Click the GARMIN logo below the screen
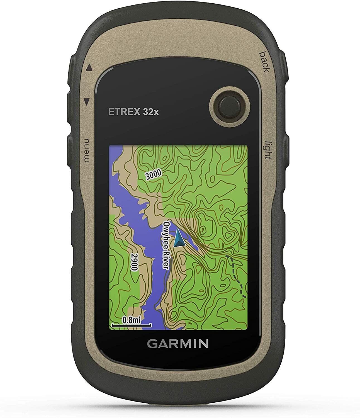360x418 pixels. click(177, 344)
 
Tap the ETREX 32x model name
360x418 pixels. click(133, 112)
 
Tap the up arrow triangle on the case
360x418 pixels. click(89, 67)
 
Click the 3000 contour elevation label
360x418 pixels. click(154, 175)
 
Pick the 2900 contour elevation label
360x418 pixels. click(135, 262)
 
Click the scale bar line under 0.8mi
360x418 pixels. click(131, 325)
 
